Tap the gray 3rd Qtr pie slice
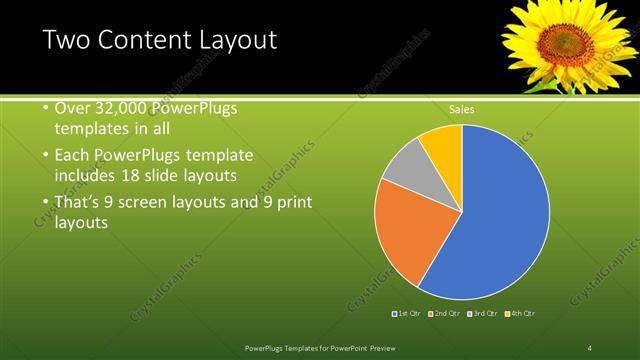click(405, 170)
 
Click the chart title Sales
click(461, 109)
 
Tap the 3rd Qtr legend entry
click(482, 314)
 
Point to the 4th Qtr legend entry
click(520, 314)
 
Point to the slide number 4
click(589, 347)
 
